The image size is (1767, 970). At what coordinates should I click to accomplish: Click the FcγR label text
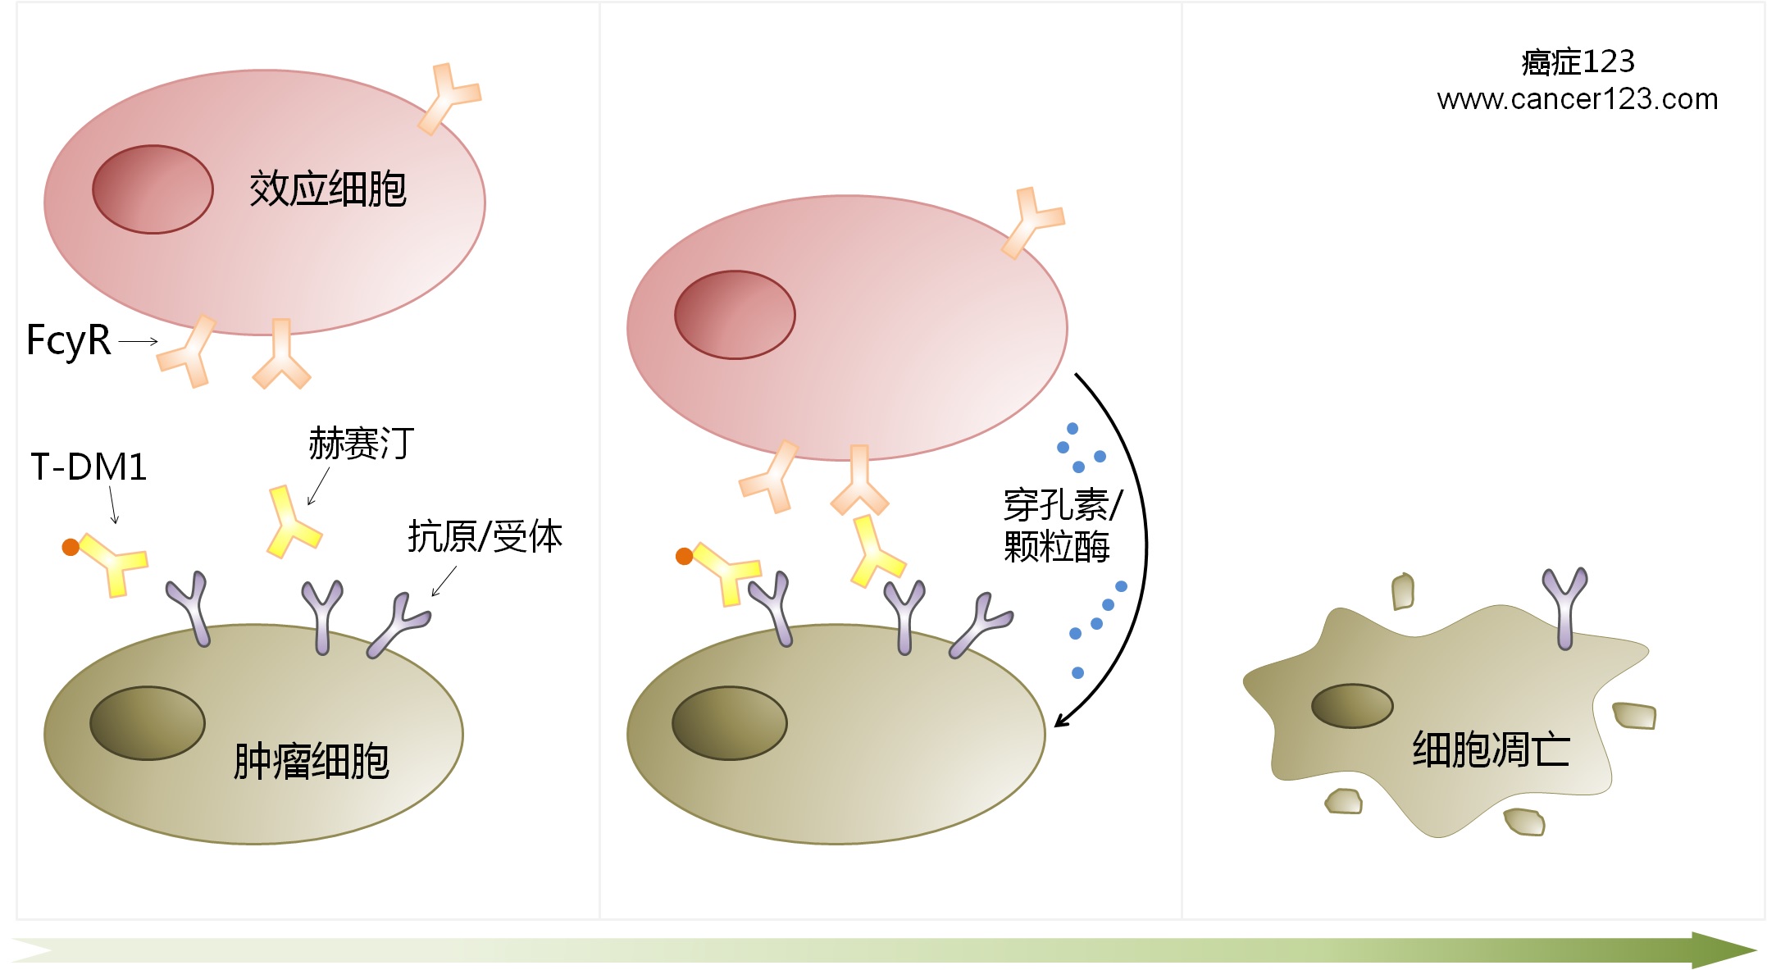[69, 340]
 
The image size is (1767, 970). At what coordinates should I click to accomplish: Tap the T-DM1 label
[89, 467]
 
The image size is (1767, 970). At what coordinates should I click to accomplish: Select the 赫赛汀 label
[362, 444]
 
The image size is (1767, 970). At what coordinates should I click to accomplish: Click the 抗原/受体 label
[485, 537]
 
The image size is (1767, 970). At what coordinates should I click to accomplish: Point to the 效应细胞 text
[327, 189]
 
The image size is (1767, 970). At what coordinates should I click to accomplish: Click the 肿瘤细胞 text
[311, 761]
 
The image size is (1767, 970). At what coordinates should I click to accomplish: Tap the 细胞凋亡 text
[1490, 749]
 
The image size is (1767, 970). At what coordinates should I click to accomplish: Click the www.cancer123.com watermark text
[1577, 99]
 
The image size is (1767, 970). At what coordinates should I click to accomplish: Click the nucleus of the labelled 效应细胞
[153, 189]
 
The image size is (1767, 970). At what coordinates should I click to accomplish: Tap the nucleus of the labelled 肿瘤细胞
[147, 723]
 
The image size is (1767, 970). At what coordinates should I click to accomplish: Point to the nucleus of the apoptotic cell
[1352, 706]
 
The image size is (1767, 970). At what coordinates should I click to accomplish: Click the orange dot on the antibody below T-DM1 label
[71, 547]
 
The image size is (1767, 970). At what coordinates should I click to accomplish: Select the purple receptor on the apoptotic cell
[1564, 607]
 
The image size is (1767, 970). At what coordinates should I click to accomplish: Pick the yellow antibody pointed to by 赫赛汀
[291, 522]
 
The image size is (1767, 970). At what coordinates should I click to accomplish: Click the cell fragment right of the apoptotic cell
[1634, 716]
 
